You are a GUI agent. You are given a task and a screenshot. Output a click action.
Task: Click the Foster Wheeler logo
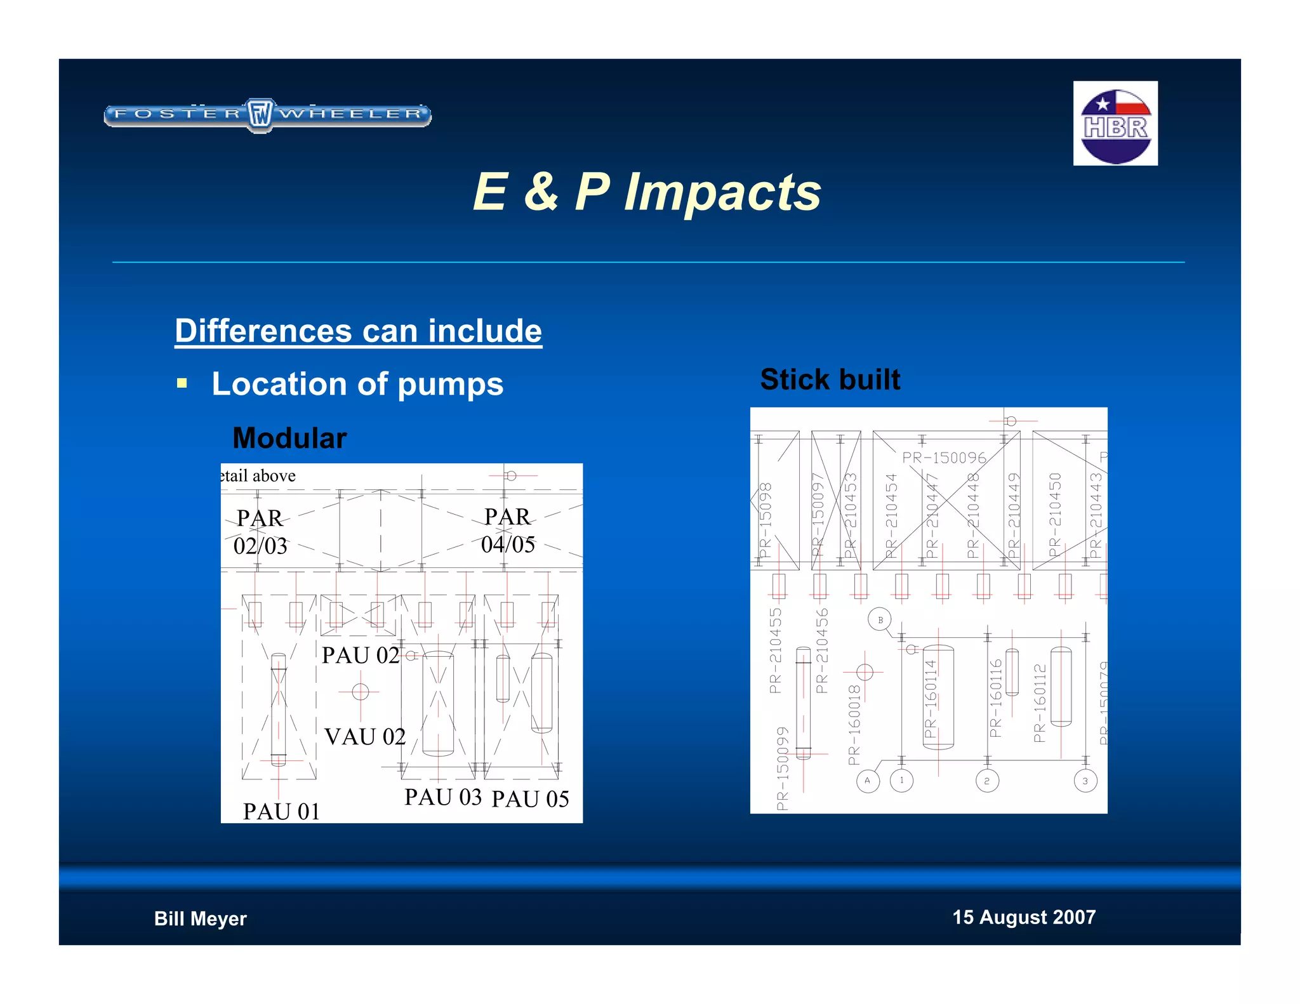267,115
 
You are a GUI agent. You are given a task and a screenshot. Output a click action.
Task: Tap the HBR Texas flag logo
1115,124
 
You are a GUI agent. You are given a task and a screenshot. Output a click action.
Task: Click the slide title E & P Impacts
647,192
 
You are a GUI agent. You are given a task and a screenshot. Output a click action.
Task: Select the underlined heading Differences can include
358,331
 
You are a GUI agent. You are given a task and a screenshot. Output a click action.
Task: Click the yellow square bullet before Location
182,383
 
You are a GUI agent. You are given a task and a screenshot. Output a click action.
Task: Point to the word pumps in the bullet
450,385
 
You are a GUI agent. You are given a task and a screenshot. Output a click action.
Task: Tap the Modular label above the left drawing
289,439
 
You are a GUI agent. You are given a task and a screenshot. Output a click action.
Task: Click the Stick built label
830,380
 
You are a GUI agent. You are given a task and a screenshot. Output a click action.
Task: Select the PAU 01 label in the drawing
281,812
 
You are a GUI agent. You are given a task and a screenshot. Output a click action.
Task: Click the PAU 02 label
360,656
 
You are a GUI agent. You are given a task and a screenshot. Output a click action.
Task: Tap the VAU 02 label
365,737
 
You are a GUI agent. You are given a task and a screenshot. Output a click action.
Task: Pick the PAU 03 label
443,797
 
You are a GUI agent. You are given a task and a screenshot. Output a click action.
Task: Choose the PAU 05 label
530,799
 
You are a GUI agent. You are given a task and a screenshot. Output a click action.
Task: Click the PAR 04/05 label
508,531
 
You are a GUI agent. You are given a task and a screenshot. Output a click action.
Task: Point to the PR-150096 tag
944,458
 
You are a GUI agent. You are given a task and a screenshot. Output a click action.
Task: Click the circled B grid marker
880,620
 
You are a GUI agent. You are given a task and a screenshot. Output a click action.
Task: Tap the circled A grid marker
867,781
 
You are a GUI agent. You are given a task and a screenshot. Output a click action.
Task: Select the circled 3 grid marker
1085,781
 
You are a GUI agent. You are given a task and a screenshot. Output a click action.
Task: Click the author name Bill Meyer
200,918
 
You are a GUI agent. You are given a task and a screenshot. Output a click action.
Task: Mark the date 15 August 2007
1023,917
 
